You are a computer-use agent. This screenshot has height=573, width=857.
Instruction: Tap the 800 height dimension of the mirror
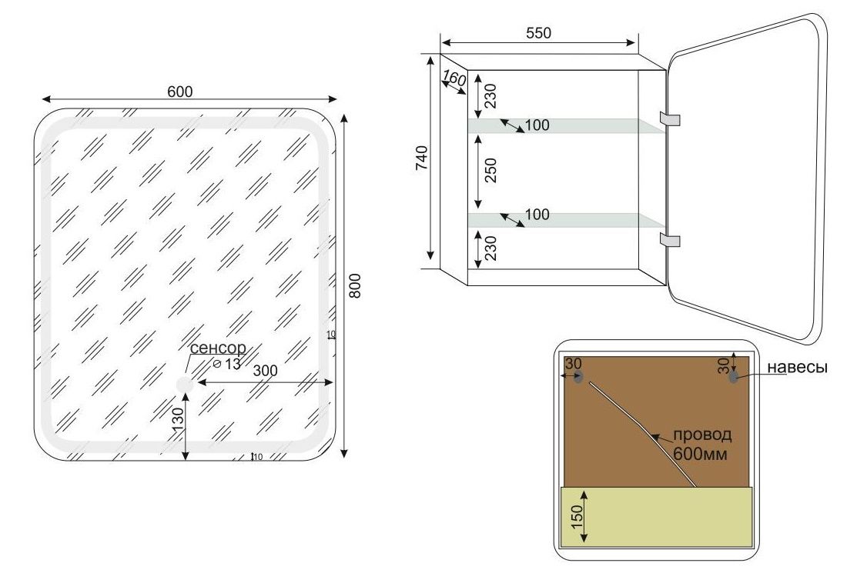(x=355, y=285)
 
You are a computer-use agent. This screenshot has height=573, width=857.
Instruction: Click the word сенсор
(x=218, y=348)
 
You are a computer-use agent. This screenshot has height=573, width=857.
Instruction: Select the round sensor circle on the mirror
(x=185, y=385)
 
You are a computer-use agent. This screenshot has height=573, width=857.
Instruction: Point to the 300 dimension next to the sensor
(x=266, y=371)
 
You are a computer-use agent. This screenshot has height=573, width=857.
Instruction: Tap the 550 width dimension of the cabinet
(x=538, y=33)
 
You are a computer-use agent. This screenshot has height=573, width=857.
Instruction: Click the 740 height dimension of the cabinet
(x=422, y=158)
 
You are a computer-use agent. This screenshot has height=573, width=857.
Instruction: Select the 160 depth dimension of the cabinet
(x=454, y=79)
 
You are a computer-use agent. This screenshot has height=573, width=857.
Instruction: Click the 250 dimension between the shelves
(x=490, y=170)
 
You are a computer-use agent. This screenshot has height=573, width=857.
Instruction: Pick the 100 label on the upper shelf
(x=537, y=125)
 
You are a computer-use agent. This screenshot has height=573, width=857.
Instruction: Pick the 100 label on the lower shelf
(x=537, y=215)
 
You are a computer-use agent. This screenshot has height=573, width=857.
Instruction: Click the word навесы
(x=797, y=368)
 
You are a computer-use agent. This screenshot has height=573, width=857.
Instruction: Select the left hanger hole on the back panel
(x=578, y=377)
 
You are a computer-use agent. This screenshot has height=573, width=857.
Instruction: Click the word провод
(x=701, y=435)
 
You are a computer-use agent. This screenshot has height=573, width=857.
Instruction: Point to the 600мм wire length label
(x=700, y=454)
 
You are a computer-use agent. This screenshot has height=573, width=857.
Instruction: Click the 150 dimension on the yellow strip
(x=577, y=516)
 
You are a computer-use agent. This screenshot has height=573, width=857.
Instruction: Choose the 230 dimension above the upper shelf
(x=490, y=95)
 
